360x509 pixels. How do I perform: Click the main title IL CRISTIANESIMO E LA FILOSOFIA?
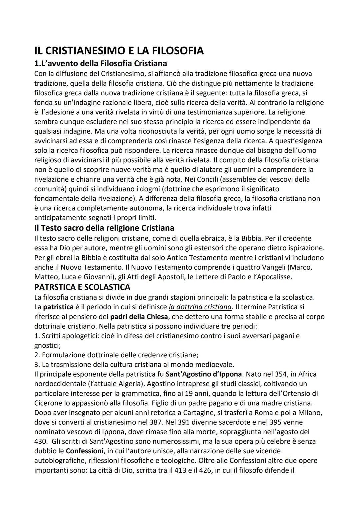coord(119,51)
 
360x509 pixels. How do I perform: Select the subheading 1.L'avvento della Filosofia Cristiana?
coord(100,63)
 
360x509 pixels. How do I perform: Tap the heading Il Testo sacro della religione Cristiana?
coord(104,228)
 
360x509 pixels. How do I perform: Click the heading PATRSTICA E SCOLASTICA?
coord(82,287)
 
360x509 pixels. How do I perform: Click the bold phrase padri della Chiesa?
coord(139,316)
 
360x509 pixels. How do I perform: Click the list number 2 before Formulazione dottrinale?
coord(36,355)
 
